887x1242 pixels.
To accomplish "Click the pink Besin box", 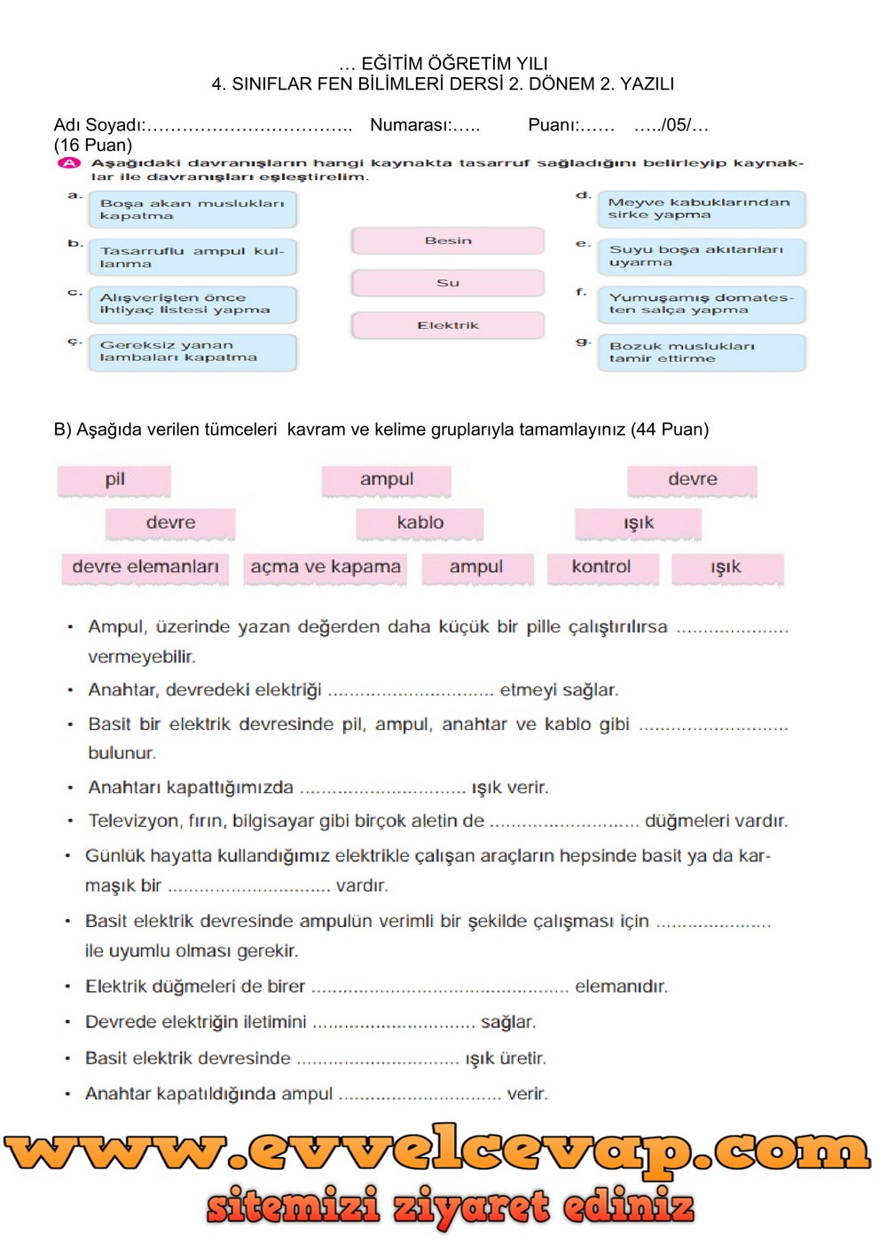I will pos(448,240).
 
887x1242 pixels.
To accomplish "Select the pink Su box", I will pos(448,283).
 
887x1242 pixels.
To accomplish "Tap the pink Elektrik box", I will pos(448,326).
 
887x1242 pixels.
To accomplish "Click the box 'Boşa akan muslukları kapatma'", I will pos(192,209).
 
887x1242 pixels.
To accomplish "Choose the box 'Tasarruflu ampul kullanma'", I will pos(192,257).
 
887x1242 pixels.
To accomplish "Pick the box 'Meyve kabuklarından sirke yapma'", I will pos(701,208).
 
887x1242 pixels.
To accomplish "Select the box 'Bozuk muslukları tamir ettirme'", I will pos(701,352).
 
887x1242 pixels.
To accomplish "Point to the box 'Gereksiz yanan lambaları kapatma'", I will pos(192,352).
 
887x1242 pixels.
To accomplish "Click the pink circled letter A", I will pos(69,163).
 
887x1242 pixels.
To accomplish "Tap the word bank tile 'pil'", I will pos(114,480).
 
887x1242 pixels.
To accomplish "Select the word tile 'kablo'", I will pos(420,523).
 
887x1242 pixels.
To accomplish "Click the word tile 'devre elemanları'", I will pos(145,568).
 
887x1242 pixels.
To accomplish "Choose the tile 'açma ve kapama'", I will pos(326,568).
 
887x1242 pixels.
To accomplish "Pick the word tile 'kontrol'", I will pos(601,568).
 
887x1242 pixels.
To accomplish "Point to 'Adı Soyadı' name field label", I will pos(98,125).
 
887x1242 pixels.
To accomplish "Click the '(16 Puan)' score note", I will pos(93,145).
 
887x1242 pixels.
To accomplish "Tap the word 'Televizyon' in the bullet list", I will pos(134,821).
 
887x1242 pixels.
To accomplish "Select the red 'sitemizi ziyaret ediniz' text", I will pos(451,1207).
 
